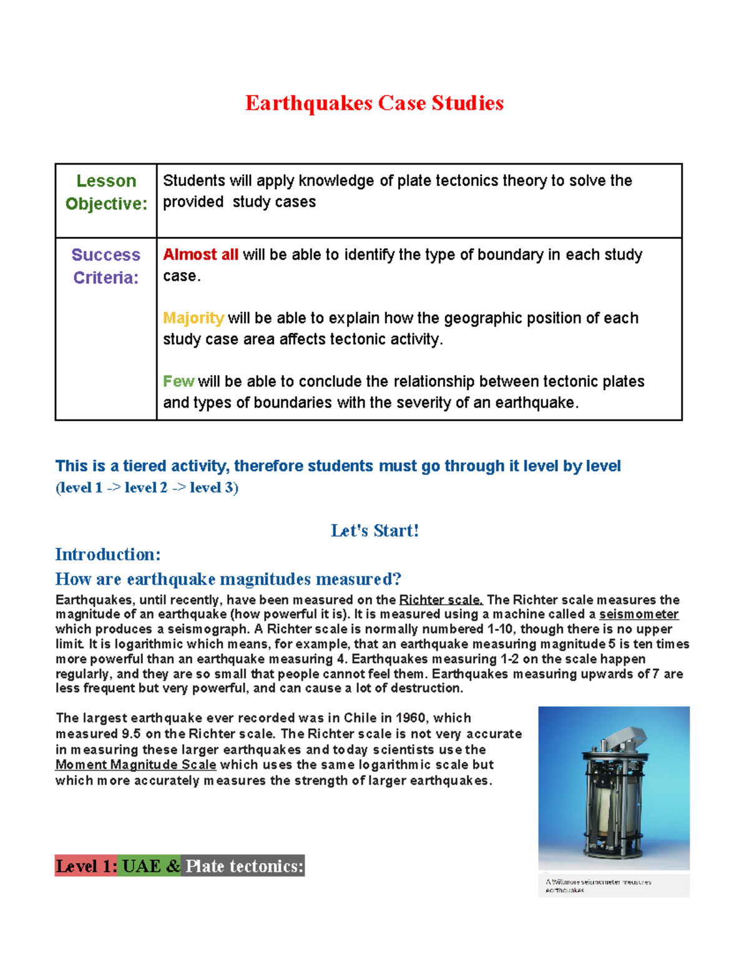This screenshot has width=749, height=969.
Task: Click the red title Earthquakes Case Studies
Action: (x=374, y=103)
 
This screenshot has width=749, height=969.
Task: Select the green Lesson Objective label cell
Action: (x=106, y=192)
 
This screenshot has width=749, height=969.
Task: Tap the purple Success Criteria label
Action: (x=106, y=266)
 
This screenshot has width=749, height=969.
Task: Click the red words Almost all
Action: (x=200, y=255)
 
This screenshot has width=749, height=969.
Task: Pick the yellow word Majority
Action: (x=193, y=318)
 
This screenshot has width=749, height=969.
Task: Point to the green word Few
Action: (x=178, y=381)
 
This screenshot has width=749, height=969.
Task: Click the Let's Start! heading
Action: (x=374, y=531)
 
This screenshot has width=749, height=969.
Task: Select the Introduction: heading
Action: (x=108, y=555)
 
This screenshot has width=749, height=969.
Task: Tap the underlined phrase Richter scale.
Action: (x=441, y=600)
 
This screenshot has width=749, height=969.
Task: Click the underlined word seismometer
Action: (x=639, y=615)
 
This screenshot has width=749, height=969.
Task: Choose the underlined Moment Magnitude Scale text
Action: (x=136, y=765)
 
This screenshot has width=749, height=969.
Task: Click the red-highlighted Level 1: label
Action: (x=86, y=866)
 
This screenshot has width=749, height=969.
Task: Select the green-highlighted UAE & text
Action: (x=150, y=866)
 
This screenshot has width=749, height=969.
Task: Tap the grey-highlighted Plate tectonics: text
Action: (x=243, y=866)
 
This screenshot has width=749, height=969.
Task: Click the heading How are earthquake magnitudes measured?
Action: (x=228, y=579)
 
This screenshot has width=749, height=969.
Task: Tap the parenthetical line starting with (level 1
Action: (x=147, y=488)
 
